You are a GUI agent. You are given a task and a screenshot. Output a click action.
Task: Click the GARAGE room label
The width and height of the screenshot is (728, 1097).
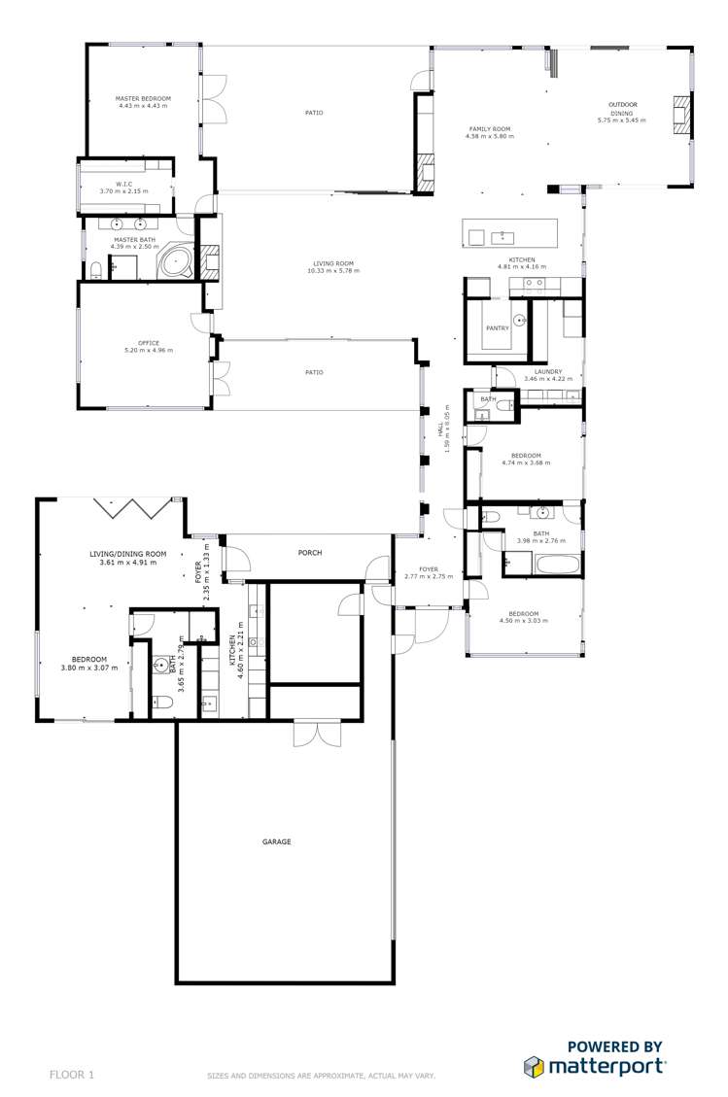point(276,841)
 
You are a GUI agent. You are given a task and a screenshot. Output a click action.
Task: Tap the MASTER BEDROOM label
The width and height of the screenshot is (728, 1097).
point(143,99)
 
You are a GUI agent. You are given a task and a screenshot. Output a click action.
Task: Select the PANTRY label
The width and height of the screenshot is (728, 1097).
point(498,328)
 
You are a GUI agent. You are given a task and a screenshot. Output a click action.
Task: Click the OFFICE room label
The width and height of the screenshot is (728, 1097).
point(148,343)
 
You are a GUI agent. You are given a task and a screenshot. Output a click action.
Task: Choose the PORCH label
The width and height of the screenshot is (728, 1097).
point(310,553)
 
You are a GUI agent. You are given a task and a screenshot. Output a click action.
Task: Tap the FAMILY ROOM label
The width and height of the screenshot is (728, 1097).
point(489,129)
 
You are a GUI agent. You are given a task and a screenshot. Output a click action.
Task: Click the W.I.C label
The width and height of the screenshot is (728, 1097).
point(124,185)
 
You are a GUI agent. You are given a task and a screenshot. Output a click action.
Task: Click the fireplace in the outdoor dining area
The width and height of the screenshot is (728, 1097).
point(679,114)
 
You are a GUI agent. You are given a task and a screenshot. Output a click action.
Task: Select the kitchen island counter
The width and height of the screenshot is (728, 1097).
point(510,234)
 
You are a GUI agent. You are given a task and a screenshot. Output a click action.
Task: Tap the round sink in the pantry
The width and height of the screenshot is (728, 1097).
point(520,319)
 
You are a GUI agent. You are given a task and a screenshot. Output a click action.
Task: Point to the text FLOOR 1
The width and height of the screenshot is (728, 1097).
point(72,1075)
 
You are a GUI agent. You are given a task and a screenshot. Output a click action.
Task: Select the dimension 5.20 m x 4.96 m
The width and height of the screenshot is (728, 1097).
point(148,350)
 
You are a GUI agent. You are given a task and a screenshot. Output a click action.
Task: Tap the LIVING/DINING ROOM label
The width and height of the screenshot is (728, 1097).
point(127,554)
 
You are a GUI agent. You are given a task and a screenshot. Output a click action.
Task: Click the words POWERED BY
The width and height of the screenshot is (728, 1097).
point(614,1046)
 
